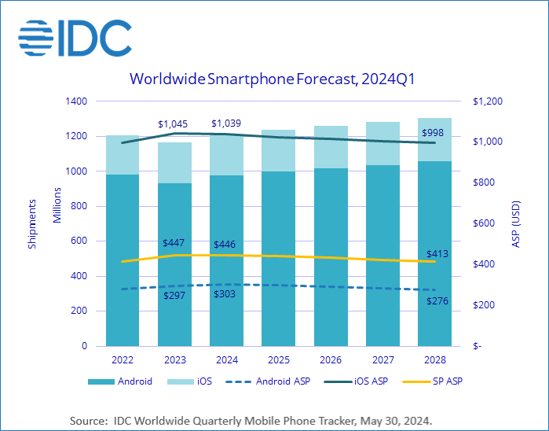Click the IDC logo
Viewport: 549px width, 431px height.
pyautogui.click(x=74, y=37)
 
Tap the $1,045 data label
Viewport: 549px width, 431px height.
pyautogui.click(x=173, y=124)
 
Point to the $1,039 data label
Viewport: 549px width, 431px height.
pyautogui.click(x=225, y=124)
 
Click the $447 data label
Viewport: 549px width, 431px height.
pyautogui.click(x=174, y=244)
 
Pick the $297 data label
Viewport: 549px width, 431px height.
pyautogui.click(x=174, y=296)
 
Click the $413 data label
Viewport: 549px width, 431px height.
pyautogui.click(x=437, y=254)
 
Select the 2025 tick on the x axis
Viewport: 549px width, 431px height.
pyautogui.click(x=278, y=359)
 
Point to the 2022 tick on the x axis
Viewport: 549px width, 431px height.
pyautogui.click(x=122, y=359)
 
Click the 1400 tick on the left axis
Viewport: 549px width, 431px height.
pyautogui.click(x=76, y=101)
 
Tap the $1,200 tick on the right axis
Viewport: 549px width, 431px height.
pyautogui.click(x=487, y=101)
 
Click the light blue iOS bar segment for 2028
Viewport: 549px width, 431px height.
pyautogui.click(x=434, y=140)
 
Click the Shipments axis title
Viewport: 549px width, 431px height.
pyautogui.click(x=32, y=224)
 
